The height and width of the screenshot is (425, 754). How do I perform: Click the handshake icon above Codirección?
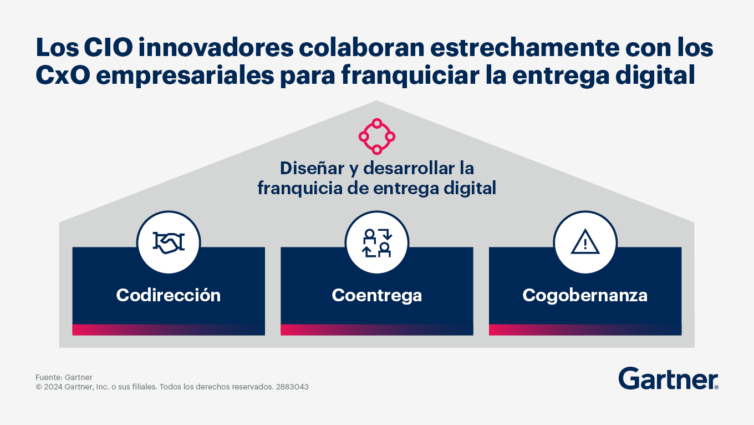(x=169, y=242)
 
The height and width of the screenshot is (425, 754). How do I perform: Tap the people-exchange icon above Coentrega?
(x=377, y=243)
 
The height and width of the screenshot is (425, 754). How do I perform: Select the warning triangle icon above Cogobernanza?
(x=585, y=241)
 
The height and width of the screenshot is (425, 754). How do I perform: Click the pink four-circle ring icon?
(x=377, y=136)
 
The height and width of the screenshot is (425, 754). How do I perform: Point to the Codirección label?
(x=169, y=295)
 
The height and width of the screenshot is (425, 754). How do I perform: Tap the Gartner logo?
(x=668, y=378)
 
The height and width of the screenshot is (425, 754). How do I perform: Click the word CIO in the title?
(x=109, y=48)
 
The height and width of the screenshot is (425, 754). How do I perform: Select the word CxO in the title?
(x=63, y=75)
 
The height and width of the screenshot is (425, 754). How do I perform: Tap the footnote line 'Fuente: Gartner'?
(x=64, y=377)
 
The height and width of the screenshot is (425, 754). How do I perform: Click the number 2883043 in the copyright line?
(x=292, y=387)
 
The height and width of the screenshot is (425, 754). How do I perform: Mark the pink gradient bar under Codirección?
(x=169, y=330)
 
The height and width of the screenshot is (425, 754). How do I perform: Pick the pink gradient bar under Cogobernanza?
(x=585, y=330)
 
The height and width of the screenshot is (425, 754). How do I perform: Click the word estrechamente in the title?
(x=525, y=48)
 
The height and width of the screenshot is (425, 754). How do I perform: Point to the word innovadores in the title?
(x=216, y=48)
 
